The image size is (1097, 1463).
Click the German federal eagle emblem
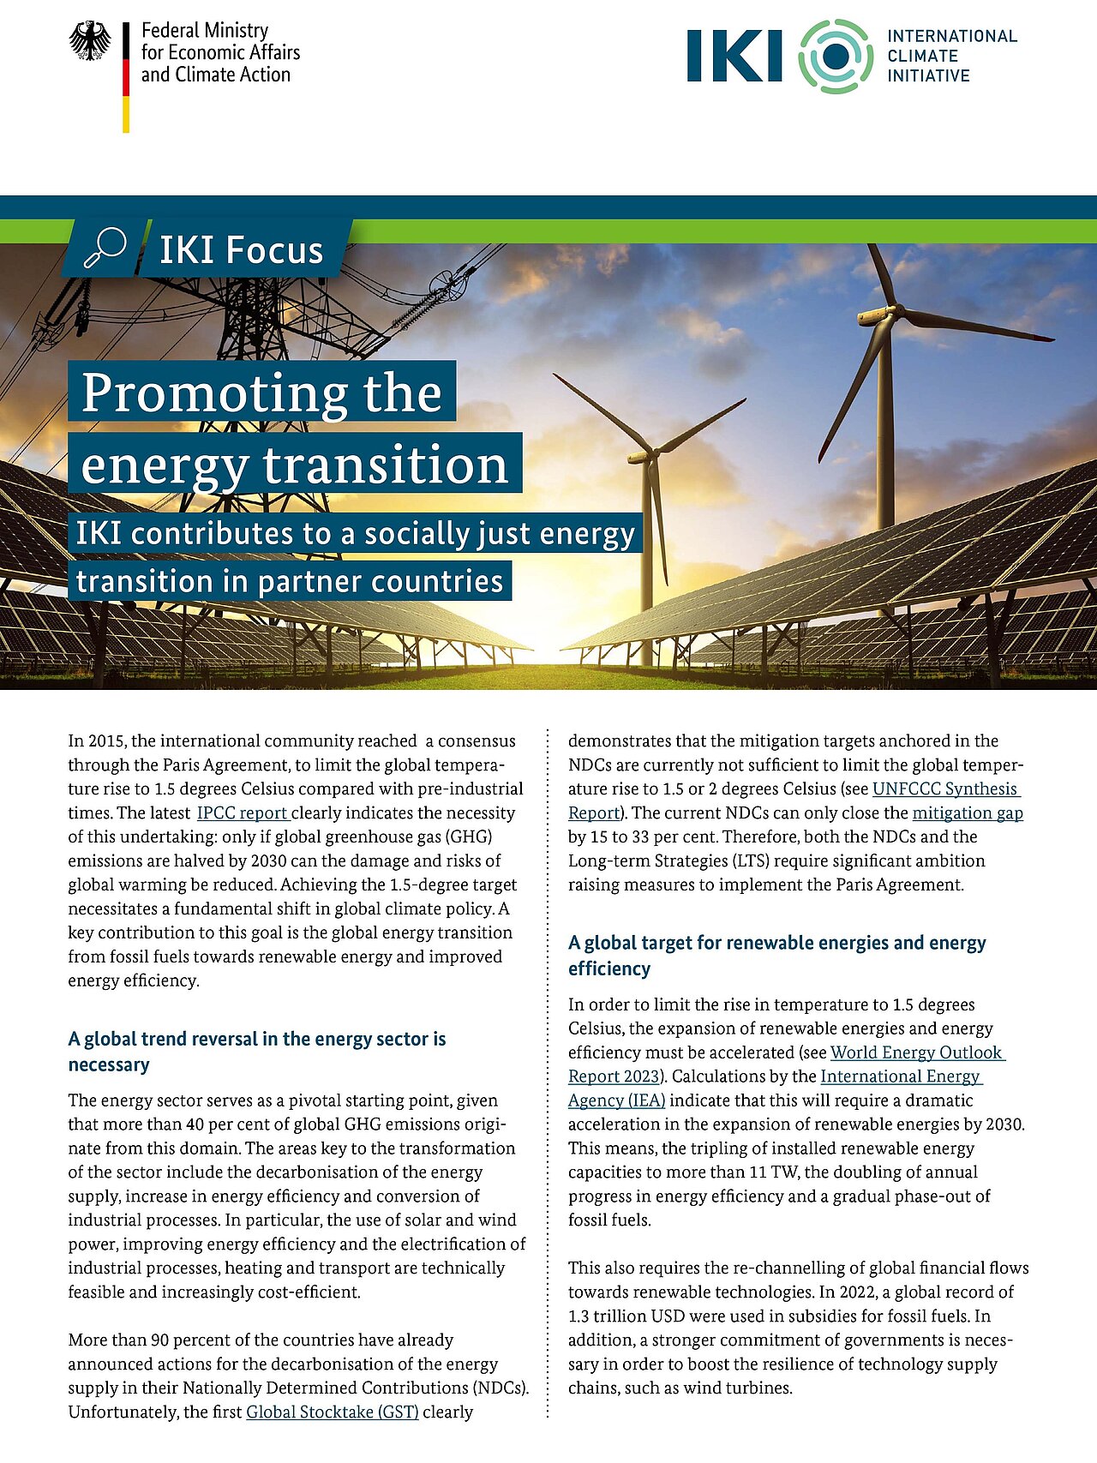click(x=89, y=41)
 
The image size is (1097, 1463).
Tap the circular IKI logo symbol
click(x=836, y=57)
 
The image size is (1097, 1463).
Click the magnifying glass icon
click(x=105, y=249)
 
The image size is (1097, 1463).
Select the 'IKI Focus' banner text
click(x=241, y=250)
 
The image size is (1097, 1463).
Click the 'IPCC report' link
click(x=243, y=812)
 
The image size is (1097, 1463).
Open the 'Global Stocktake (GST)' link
click(x=333, y=1412)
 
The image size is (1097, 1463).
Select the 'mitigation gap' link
click(x=968, y=812)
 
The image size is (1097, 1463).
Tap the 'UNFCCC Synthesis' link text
click(x=944, y=788)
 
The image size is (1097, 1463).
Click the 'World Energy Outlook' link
click(x=916, y=1052)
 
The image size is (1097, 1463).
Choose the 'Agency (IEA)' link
click(x=616, y=1100)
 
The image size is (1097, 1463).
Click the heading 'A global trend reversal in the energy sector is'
click(x=257, y=1039)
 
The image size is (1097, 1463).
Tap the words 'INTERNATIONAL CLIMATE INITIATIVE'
click(x=951, y=56)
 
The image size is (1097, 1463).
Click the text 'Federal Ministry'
click(x=205, y=31)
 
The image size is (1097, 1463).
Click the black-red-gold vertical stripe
click(x=126, y=77)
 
